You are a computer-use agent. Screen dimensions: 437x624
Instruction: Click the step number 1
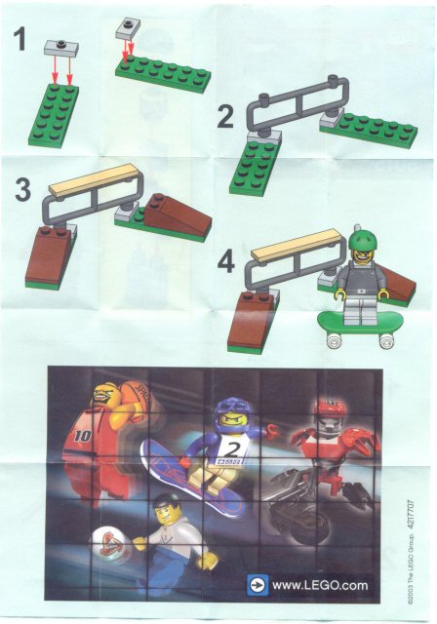point(20,39)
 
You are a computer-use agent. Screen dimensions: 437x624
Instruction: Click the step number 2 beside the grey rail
point(225,116)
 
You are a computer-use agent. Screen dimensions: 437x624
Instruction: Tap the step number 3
point(22,190)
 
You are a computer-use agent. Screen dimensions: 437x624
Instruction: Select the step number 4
point(226,262)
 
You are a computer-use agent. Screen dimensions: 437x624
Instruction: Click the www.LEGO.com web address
point(320,585)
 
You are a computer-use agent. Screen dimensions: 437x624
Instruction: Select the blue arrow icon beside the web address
point(258,585)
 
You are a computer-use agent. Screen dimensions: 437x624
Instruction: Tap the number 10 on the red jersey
point(82,436)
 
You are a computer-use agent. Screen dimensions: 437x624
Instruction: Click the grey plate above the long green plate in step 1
point(128,29)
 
